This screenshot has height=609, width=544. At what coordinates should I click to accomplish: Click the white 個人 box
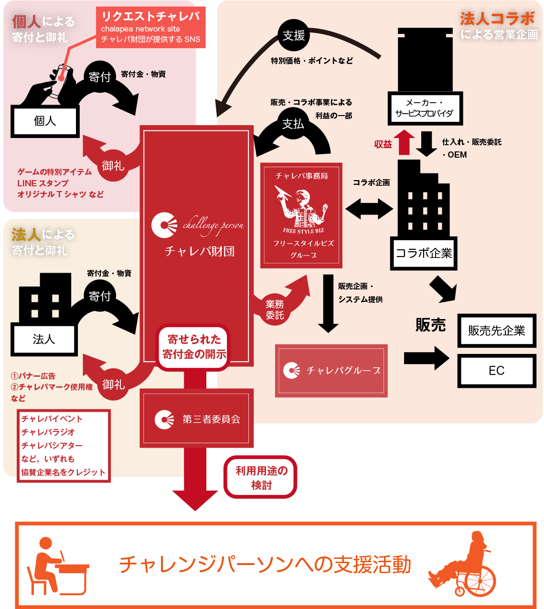pyautogui.click(x=45, y=121)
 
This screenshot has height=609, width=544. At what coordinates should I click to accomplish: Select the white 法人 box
pyautogui.click(x=44, y=340)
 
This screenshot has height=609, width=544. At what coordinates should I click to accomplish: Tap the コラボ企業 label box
pyautogui.click(x=424, y=253)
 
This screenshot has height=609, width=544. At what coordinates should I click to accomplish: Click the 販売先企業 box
pyautogui.click(x=496, y=331)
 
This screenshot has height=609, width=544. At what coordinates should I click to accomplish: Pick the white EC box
pyautogui.click(x=496, y=371)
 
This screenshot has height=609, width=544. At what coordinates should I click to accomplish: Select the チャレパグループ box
pyautogui.click(x=331, y=371)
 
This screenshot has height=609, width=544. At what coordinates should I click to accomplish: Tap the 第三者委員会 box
pyautogui.click(x=196, y=419)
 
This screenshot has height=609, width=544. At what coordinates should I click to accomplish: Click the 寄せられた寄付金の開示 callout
pyautogui.click(x=194, y=347)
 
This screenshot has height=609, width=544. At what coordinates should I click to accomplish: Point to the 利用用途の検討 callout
pyautogui.click(x=261, y=478)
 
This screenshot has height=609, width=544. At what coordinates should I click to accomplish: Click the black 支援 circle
pyautogui.click(x=294, y=35)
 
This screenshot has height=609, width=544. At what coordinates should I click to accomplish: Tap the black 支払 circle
pyautogui.click(x=293, y=124)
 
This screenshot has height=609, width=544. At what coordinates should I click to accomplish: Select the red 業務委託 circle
pyautogui.click(x=275, y=310)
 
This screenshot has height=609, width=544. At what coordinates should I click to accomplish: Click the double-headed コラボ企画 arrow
pyautogui.click(x=369, y=209)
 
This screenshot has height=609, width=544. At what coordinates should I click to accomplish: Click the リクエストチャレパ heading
pyautogui.click(x=150, y=17)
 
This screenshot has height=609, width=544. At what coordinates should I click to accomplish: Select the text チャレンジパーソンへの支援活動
pyautogui.click(x=265, y=565)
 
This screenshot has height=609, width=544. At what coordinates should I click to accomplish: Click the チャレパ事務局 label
pyautogui.click(x=302, y=176)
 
